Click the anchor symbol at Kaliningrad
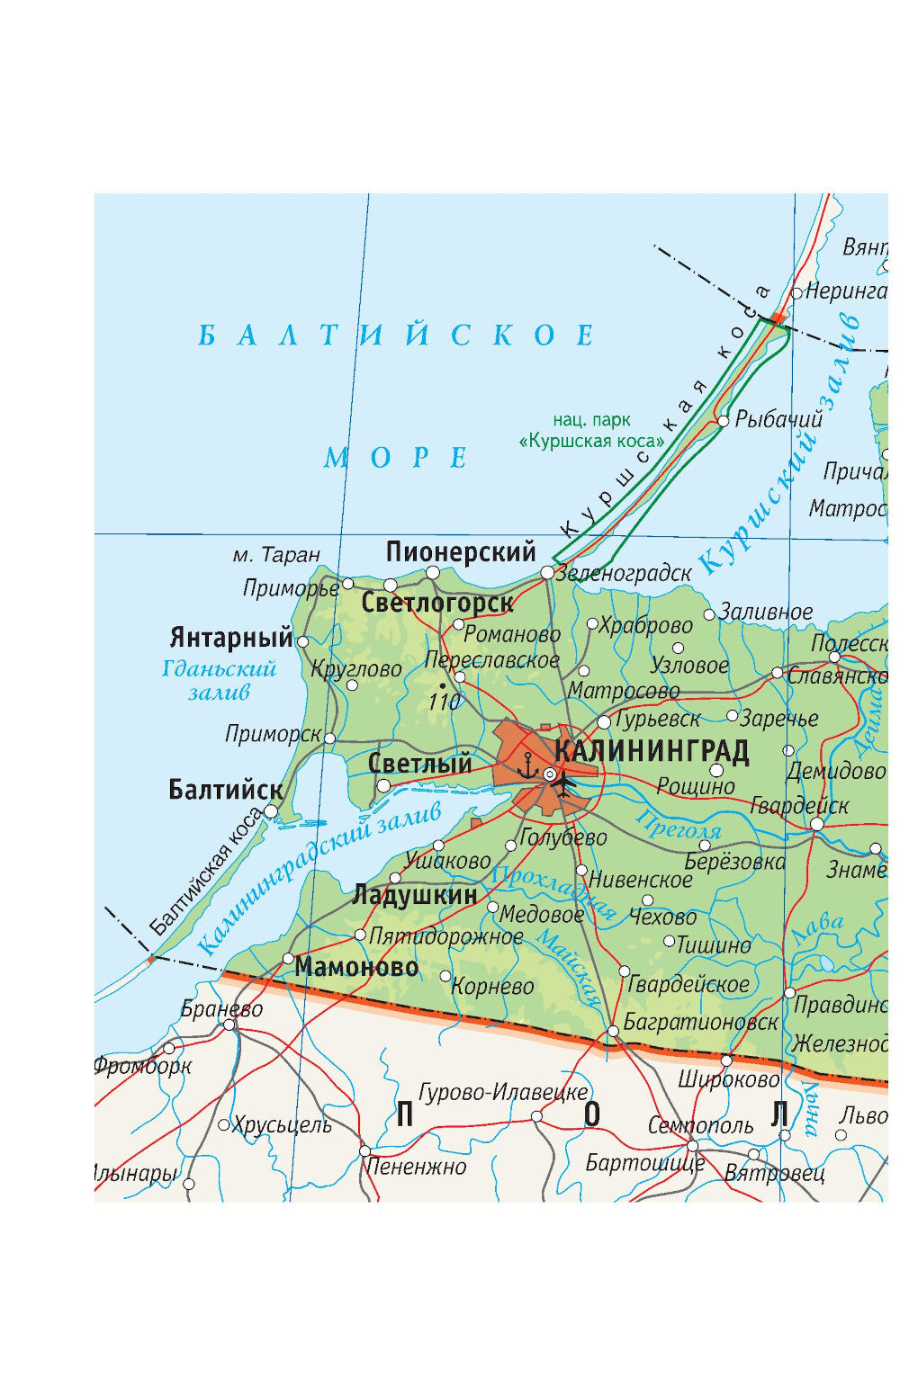(527, 766)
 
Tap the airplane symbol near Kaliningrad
(565, 783)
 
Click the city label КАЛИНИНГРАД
(652, 751)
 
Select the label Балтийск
(225, 790)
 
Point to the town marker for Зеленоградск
(547, 573)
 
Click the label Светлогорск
(437, 603)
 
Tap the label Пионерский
(461, 551)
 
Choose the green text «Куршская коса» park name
(592, 441)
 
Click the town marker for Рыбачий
(723, 420)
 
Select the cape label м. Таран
(276, 555)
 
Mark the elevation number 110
(444, 701)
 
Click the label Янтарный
(231, 638)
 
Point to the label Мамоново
(356, 967)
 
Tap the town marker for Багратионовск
(613, 1030)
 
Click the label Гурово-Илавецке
(503, 1092)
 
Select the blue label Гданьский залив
(219, 680)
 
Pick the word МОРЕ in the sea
(396, 458)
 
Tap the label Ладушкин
(415, 895)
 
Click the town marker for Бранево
(229, 1025)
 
